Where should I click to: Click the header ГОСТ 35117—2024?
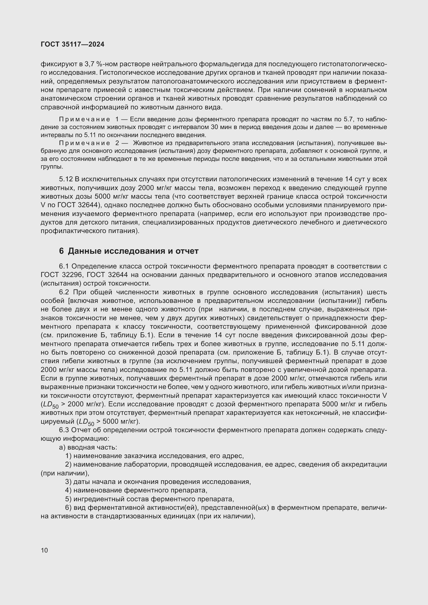(x=72, y=44)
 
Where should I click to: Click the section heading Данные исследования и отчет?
(x=133, y=251)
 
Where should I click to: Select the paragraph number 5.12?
(x=66, y=179)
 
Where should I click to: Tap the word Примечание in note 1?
(x=84, y=119)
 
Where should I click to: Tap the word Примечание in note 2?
(x=84, y=143)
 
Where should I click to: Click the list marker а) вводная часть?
(x=62, y=447)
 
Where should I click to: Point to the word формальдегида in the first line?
(x=226, y=64)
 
